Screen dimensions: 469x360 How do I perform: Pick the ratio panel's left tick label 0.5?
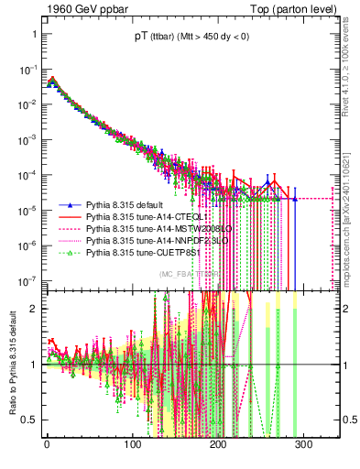click(x=29, y=420)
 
